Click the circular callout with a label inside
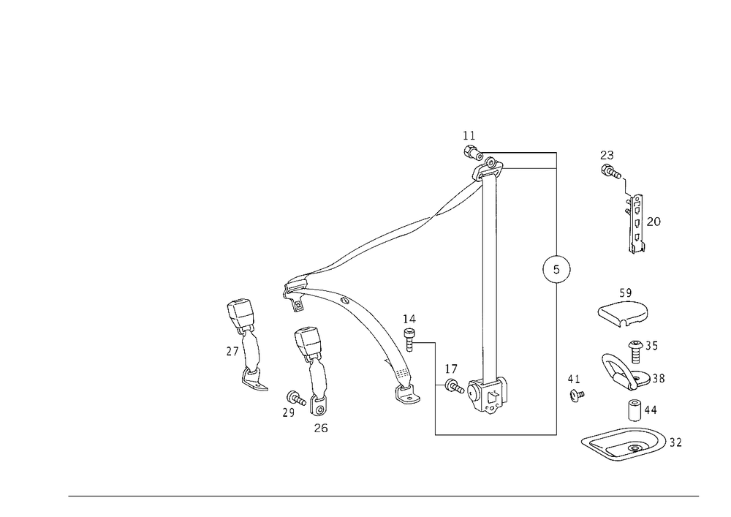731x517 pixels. (556, 271)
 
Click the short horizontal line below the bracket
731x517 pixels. (496, 433)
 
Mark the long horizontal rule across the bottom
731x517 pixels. (384, 495)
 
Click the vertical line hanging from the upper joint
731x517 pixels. (495, 208)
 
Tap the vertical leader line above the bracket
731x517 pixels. (482, 344)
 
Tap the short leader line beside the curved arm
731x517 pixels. (424, 342)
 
